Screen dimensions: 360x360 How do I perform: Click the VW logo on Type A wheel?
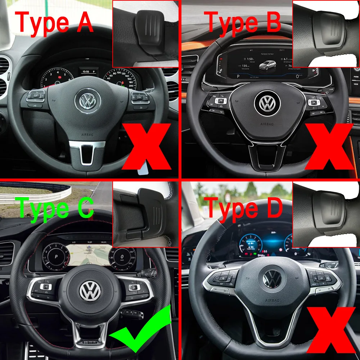87,101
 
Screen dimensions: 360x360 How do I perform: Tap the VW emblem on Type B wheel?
267,103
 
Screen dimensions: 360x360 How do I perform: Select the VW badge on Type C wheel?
90,291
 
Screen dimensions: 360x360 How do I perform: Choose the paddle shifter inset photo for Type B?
326,33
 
